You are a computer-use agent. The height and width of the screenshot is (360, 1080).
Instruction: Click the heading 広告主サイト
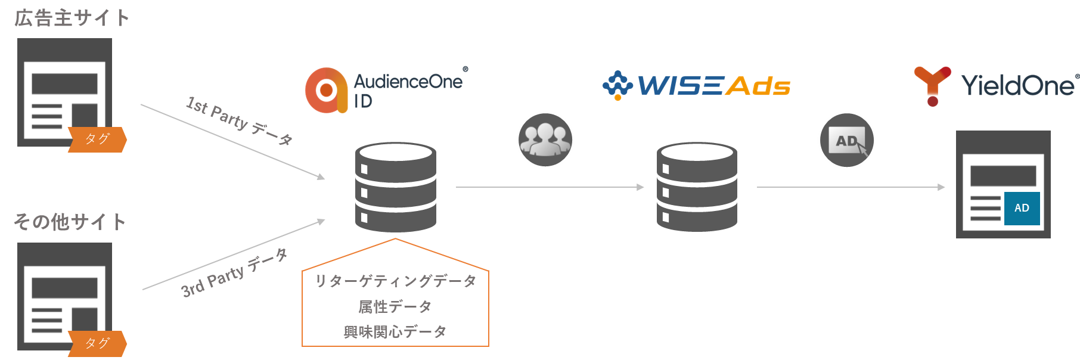point(72,18)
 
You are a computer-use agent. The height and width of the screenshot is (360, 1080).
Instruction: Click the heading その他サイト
point(70,222)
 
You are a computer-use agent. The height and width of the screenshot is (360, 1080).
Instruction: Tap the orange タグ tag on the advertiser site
point(97,139)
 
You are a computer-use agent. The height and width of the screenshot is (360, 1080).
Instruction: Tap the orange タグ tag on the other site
point(97,343)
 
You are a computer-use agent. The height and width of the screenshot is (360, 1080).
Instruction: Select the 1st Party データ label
point(239,120)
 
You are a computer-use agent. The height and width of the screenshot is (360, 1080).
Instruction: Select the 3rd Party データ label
point(234,272)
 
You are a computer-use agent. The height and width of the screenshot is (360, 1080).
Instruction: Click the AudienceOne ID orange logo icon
point(326,90)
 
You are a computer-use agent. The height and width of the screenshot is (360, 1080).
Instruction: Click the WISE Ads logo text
point(714,86)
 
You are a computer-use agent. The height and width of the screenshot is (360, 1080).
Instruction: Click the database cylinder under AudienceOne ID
point(396,187)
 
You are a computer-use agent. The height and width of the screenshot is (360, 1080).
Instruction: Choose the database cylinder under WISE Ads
point(697,187)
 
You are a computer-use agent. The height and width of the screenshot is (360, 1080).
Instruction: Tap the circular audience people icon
point(545,139)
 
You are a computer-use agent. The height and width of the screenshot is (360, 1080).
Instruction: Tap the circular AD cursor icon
point(846,140)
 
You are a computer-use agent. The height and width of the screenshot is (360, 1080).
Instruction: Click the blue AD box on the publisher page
point(1022,208)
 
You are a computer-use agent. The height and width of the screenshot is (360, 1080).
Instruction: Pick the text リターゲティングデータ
point(395,281)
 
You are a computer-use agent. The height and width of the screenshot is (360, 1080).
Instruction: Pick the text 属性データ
point(395,306)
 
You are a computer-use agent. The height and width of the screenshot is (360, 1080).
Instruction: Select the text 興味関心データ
point(395,331)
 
